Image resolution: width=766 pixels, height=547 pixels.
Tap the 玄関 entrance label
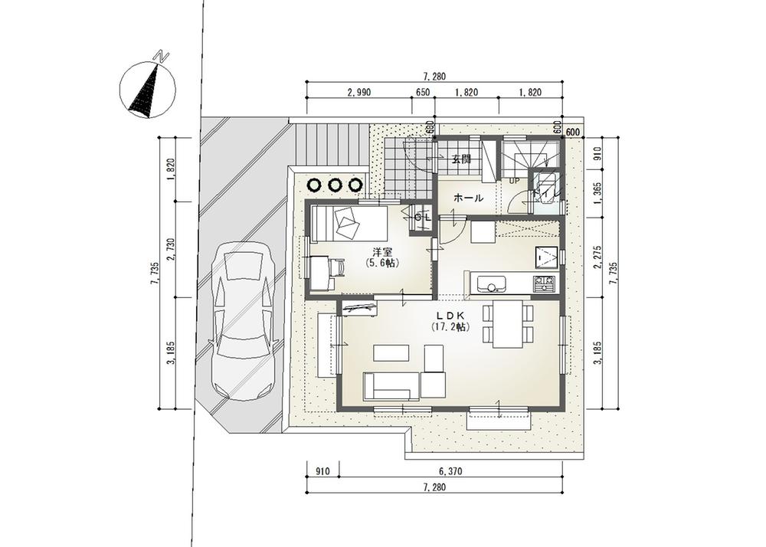[x=460, y=159]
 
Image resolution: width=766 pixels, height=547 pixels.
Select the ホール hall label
[x=469, y=198]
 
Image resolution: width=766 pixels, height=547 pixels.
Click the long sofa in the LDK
[x=391, y=386]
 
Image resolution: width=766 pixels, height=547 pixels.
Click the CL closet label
[x=422, y=217]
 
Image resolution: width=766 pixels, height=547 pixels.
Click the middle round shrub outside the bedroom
[x=335, y=185]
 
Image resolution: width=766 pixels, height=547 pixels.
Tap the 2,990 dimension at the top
[x=358, y=92]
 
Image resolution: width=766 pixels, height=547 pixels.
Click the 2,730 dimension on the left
[x=171, y=249]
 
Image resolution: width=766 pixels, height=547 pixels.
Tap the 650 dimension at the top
[x=421, y=92]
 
